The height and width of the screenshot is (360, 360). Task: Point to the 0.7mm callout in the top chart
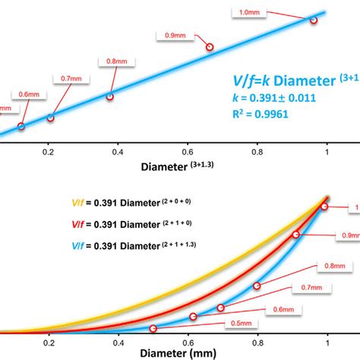pyautogui.click(x=66, y=77)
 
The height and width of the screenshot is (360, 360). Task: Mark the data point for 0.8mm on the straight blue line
pyautogui.click(x=109, y=96)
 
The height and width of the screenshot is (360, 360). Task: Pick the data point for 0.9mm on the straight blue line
pyautogui.click(x=210, y=47)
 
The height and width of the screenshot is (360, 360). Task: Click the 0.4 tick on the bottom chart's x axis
pyautogui.click(x=118, y=342)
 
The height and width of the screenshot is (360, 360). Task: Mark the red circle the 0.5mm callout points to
pyautogui.click(x=154, y=328)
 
